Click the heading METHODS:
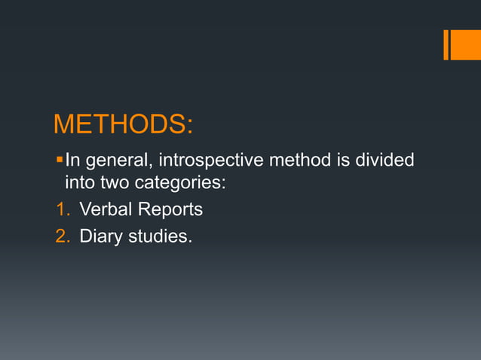123,124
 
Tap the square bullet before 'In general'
60,160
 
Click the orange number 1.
62,209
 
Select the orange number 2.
62,236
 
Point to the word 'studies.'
159,236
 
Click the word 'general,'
117,160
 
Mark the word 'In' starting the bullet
73,160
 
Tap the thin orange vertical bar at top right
446,44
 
